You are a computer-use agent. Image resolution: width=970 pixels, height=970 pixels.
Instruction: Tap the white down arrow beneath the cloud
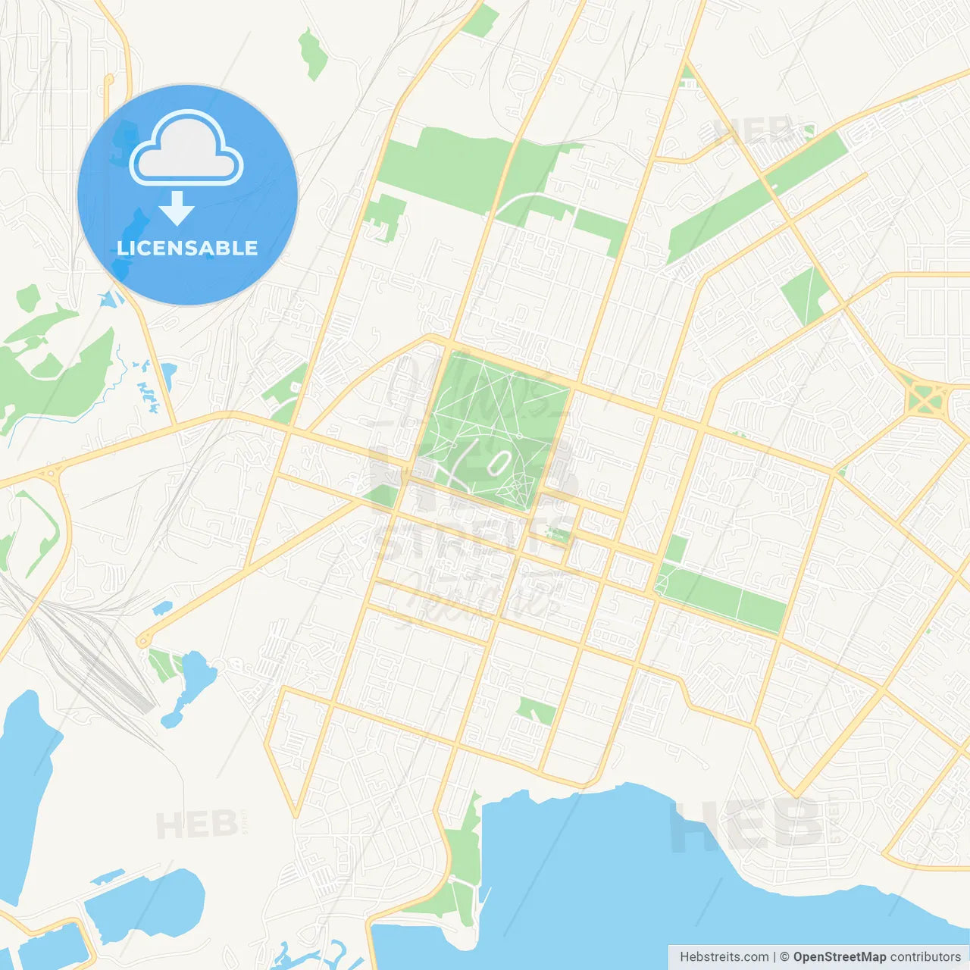pyautogui.click(x=177, y=208)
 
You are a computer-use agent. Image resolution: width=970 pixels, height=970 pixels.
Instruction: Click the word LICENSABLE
pyautogui.click(x=187, y=248)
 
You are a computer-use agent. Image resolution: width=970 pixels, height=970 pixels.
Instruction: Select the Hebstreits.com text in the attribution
pyautogui.click(x=724, y=957)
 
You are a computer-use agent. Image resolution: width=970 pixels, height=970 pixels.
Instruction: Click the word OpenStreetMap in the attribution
pyautogui.click(x=839, y=957)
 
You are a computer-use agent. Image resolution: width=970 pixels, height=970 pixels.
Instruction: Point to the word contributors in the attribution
pyautogui.click(x=925, y=957)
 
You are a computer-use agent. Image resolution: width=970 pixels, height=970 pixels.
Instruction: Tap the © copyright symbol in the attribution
pyautogui.click(x=784, y=957)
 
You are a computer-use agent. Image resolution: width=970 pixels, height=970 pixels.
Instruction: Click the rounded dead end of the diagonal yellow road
pyautogui.click(x=143, y=641)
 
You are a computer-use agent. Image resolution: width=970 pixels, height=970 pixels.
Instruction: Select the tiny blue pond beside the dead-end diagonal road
pyautogui.click(x=162, y=608)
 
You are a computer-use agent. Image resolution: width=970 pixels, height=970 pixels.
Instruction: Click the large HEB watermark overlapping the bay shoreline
pyautogui.click(x=746, y=826)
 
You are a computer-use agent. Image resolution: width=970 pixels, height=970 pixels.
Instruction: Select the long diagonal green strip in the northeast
pyautogui.click(x=758, y=197)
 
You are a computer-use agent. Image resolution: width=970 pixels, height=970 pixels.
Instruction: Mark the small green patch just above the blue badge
pyautogui.click(x=312, y=53)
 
